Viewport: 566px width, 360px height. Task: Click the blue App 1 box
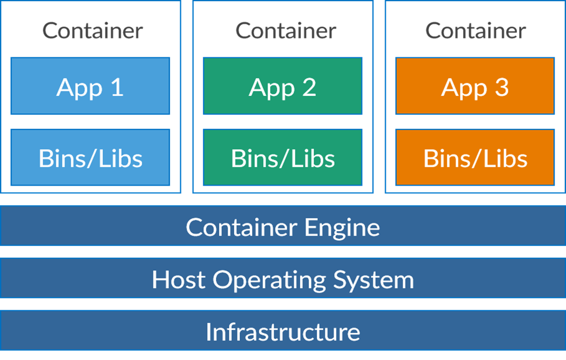point(90,86)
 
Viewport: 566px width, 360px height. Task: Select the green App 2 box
point(282,86)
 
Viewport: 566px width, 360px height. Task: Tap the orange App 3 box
point(475,86)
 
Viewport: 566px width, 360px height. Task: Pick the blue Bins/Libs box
point(90,158)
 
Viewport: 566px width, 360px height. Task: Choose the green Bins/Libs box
point(282,158)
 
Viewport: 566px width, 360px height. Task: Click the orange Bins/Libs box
point(475,158)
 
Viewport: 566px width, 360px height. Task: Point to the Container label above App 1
point(93,30)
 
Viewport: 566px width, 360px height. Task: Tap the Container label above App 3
point(475,30)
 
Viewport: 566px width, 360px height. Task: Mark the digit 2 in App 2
point(308,87)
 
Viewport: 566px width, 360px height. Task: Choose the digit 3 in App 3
point(501,87)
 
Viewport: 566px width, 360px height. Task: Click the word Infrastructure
point(282,331)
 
